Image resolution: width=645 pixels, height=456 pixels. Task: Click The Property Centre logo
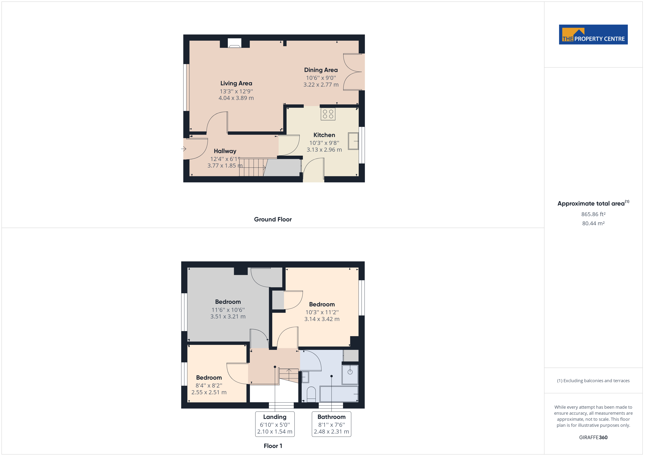[593, 35]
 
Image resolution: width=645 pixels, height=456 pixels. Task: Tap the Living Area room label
[236, 83]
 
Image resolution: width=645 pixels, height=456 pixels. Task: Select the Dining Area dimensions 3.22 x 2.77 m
[321, 85]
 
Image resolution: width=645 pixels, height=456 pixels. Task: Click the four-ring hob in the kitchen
[328, 114]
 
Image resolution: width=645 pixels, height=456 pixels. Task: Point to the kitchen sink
[353, 141]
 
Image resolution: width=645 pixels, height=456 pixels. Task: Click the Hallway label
[225, 151]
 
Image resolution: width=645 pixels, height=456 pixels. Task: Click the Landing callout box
[275, 424]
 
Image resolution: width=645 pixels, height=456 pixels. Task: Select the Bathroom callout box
[331, 424]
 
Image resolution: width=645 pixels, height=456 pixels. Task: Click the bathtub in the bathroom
[339, 394]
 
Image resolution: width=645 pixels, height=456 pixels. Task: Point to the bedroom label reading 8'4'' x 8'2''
[209, 385]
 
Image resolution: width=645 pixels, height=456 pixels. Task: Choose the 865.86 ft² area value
[593, 214]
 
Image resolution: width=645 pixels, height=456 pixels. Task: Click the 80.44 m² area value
[593, 223]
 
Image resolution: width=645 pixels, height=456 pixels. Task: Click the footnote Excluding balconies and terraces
[593, 381]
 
